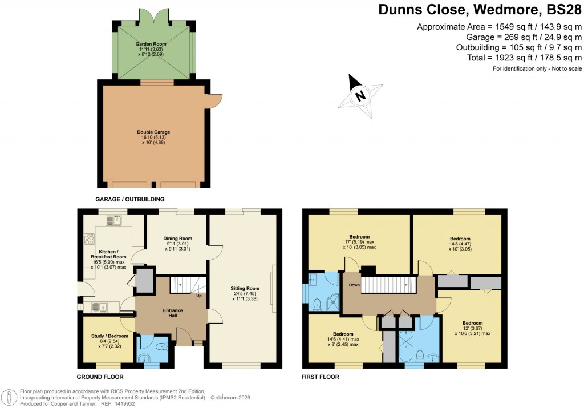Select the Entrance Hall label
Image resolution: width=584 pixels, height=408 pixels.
pyautogui.click(x=173, y=313)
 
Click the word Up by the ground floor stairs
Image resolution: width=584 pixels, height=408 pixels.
pyautogui.click(x=198, y=296)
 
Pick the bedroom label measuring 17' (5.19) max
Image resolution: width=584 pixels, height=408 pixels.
pyautogui.click(x=359, y=242)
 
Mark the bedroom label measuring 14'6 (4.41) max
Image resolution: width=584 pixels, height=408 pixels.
pyautogui.click(x=342, y=339)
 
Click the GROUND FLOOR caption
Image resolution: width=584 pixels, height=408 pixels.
pyautogui.click(x=100, y=377)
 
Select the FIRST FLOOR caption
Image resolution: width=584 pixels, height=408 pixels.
pyautogui.click(x=321, y=377)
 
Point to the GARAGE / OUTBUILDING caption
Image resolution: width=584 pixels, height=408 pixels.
pyautogui.click(x=130, y=199)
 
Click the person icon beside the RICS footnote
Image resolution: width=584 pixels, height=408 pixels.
pyautogui.click(x=9, y=397)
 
